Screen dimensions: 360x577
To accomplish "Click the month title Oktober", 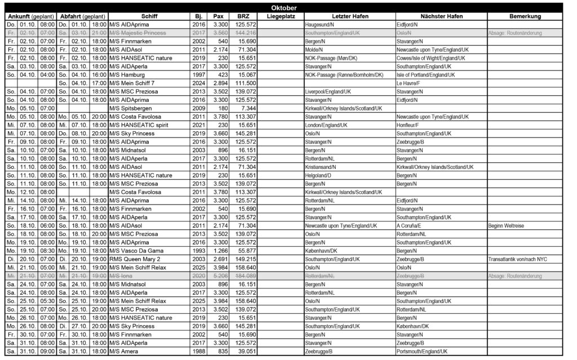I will tap(288, 8).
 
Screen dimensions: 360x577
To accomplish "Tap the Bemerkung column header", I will tap(525, 16).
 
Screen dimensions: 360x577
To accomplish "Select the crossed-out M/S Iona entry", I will tap(124, 276).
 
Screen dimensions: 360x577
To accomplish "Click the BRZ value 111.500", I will tap(246, 83).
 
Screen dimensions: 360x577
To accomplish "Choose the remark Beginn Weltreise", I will tap(507, 225).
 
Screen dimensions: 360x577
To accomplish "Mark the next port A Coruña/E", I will tap(412, 225).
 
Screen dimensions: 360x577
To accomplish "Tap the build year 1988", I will tap(198, 352).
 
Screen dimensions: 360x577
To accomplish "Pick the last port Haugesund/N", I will tap(319, 25).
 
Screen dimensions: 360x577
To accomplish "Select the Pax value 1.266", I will tap(220, 251).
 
